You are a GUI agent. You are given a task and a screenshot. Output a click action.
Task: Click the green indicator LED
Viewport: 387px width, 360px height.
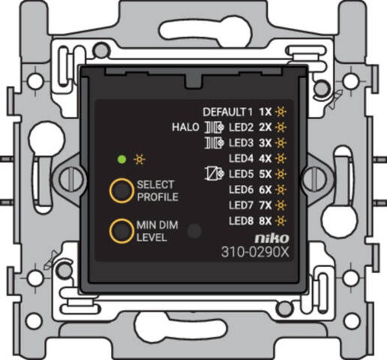pyautogui.click(x=122, y=159)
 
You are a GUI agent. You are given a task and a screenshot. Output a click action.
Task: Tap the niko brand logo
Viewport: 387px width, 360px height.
pyautogui.click(x=272, y=238)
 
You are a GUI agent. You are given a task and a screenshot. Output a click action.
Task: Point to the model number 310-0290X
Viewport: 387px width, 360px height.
pyautogui.click(x=255, y=252)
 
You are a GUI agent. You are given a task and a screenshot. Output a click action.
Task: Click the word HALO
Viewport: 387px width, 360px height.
pyautogui.click(x=185, y=127)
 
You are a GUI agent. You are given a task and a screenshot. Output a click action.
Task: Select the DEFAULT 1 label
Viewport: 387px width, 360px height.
pyautogui.click(x=228, y=112)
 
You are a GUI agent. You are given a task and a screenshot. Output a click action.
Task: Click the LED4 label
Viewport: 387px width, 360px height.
pyautogui.click(x=241, y=159)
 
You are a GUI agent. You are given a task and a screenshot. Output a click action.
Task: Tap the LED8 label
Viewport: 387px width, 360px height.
pyautogui.click(x=241, y=221)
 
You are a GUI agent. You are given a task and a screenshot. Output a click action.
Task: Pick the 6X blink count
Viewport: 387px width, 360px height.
pyautogui.click(x=265, y=190)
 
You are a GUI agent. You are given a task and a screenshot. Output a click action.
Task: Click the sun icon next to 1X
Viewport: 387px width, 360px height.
pyautogui.click(x=281, y=112)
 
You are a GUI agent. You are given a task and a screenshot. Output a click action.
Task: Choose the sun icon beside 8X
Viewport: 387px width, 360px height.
pyautogui.click(x=281, y=221)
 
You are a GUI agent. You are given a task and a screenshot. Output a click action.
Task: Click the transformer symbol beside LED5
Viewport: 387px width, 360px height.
pyautogui.click(x=214, y=174)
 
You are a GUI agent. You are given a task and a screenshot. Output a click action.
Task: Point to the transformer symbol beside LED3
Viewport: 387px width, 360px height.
pyautogui.click(x=214, y=143)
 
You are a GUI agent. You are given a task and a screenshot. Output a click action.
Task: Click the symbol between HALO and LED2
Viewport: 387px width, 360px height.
pyautogui.click(x=214, y=127)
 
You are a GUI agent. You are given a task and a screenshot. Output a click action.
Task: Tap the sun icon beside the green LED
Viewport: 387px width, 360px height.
pyautogui.click(x=139, y=159)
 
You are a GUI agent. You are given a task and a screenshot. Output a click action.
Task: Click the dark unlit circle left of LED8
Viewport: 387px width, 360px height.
pyautogui.click(x=194, y=231)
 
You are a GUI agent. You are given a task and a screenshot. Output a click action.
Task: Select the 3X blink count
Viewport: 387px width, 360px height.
pyautogui.click(x=265, y=143)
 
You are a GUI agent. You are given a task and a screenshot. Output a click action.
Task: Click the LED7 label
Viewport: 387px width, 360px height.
pyautogui.click(x=241, y=205)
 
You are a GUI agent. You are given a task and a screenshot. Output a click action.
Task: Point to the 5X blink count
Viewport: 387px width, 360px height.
pyautogui.click(x=265, y=174)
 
